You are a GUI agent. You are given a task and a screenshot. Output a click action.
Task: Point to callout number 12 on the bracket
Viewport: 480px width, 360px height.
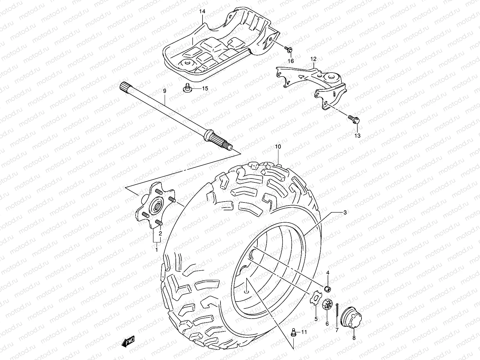[313, 59]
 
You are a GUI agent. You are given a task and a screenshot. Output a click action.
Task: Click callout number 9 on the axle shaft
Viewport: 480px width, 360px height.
[164, 91]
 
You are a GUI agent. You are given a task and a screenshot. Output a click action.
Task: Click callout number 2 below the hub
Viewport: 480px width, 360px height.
[160, 233]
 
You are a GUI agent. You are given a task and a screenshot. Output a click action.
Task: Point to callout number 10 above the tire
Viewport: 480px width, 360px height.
[278, 147]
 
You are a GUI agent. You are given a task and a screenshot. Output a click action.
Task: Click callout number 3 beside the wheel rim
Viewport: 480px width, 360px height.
[345, 212]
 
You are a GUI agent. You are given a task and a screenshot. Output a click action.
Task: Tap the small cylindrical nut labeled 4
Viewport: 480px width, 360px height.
[328, 289]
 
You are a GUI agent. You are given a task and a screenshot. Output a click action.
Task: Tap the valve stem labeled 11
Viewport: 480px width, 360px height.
[294, 332]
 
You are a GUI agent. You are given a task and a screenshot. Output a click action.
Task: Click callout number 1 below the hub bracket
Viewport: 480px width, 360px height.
[156, 250]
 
